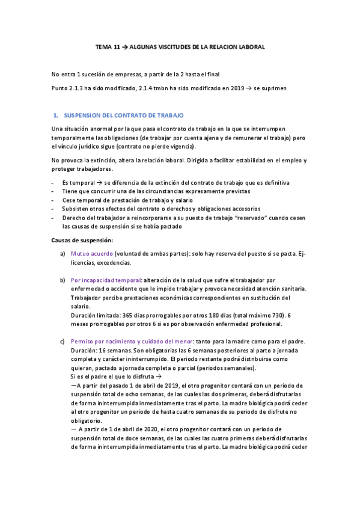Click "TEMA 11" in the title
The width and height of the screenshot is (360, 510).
coord(107,46)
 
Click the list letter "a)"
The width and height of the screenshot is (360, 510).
coord(63,254)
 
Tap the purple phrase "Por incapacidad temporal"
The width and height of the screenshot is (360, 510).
coord(105,280)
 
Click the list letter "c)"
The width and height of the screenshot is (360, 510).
coord(63,342)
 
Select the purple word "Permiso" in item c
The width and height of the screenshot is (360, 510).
coord(83,342)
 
